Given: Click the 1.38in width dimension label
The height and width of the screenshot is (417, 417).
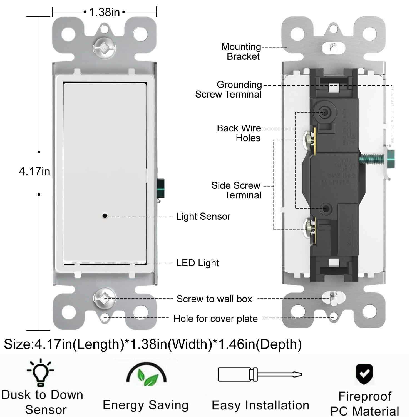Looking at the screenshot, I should [104, 12].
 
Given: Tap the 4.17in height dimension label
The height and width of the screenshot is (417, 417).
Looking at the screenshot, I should [34, 171].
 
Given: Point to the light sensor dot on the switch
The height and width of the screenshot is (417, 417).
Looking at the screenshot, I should [105, 216].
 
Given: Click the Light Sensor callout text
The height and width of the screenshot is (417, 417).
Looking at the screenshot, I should [203, 216].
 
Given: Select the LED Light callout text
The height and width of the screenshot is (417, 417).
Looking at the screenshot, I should [197, 263].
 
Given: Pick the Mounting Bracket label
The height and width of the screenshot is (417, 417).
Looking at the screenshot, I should [241, 51].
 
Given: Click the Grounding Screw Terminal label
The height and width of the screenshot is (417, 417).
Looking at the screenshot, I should [228, 89].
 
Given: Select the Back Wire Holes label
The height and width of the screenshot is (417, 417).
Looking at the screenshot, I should [239, 133].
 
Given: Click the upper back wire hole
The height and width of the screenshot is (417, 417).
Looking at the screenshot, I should [325, 112].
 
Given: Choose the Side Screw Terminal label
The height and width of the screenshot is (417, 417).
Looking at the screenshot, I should [236, 190].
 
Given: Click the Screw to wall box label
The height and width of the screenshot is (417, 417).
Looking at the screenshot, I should [214, 299].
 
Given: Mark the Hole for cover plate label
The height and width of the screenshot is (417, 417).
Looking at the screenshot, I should [215, 319].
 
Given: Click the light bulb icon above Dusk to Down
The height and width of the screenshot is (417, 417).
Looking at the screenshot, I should [41, 373].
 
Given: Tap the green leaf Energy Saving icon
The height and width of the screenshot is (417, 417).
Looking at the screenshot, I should [147, 374].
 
